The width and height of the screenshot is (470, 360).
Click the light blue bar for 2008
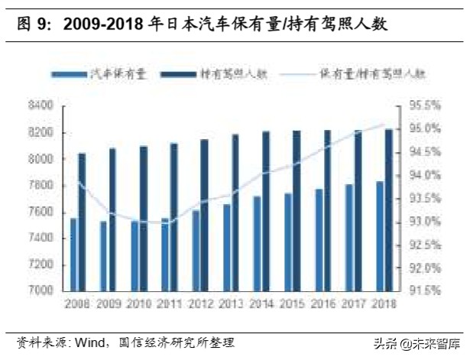73,254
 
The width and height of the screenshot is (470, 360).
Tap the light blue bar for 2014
257,243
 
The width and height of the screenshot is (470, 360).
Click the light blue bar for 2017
348,237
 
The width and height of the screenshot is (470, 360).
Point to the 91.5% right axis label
420,290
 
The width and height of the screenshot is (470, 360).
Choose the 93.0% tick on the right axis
420,221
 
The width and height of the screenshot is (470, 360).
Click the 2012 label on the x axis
199,303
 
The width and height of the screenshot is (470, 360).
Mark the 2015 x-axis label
291,303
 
